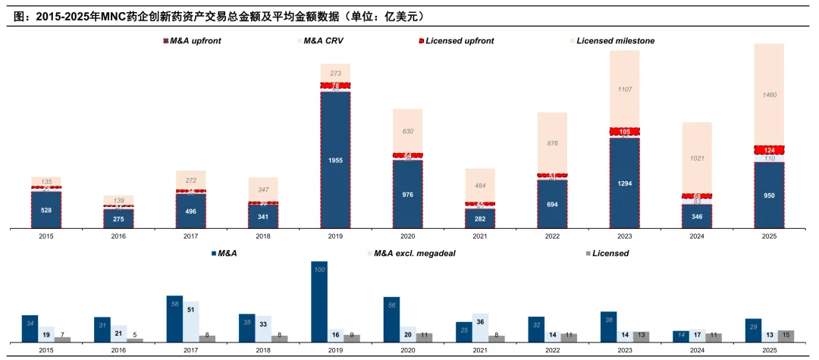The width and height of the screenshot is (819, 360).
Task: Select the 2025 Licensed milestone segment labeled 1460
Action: tap(769, 95)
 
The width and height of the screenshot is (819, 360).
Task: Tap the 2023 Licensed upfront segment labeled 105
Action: tap(624, 132)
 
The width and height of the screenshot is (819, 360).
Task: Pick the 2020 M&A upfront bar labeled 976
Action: tap(407, 193)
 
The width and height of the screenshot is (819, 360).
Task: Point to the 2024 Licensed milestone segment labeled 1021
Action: tap(696, 158)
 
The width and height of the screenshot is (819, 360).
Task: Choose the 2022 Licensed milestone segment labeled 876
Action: tap(552, 143)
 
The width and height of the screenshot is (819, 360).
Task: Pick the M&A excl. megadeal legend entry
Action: tap(422, 252)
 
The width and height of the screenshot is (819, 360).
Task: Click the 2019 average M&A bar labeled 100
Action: tap(319, 302)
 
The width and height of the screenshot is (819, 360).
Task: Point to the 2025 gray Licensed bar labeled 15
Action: tap(786, 336)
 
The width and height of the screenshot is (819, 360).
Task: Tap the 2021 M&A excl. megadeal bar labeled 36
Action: tap(479, 327)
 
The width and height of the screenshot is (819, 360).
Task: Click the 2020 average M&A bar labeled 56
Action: tap(391, 319)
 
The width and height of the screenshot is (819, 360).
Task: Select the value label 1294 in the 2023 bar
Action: tap(624, 183)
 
